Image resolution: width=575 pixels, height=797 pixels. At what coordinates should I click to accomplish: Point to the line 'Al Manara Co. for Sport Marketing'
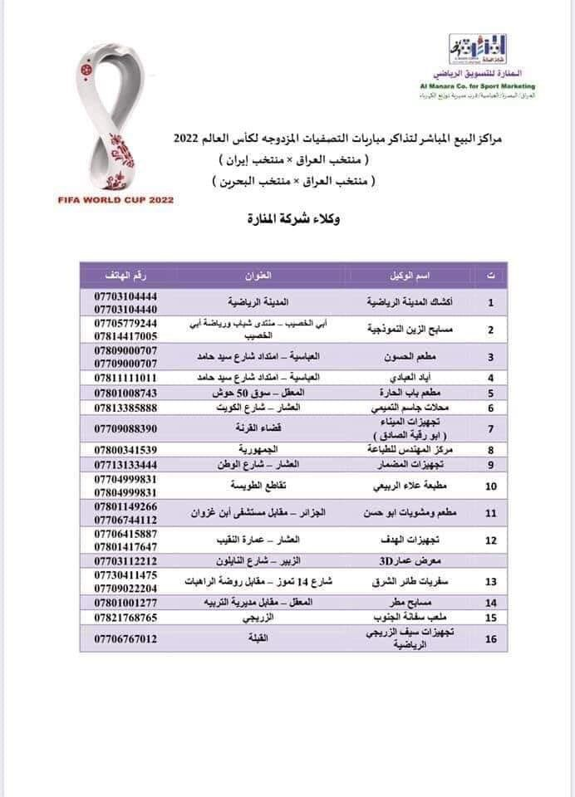[x=482, y=86]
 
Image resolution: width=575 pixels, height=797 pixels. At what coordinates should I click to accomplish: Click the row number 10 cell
[x=490, y=486]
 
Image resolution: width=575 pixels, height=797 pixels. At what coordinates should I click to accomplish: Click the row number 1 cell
[x=490, y=302]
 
